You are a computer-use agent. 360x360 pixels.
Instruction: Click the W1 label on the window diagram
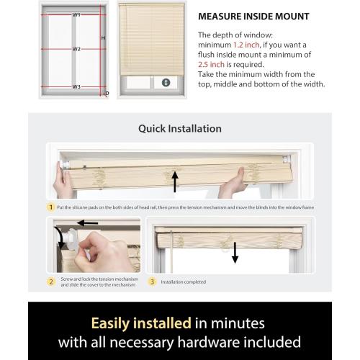[76, 14]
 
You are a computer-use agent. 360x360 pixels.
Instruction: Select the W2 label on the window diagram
[76, 50]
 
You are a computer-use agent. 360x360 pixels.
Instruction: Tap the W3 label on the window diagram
[76, 86]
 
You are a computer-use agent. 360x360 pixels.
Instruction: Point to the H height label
[103, 37]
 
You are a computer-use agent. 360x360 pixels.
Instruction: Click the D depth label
[107, 93]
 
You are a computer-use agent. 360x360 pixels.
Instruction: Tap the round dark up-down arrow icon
[166, 83]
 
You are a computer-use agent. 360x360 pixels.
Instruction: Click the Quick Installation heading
[179, 129]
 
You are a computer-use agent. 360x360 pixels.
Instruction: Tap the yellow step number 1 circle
[50, 207]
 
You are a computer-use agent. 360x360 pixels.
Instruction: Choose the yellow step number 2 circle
[50, 282]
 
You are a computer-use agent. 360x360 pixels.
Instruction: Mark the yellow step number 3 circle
[152, 282]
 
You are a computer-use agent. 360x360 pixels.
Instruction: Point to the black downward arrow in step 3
[235, 253]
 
